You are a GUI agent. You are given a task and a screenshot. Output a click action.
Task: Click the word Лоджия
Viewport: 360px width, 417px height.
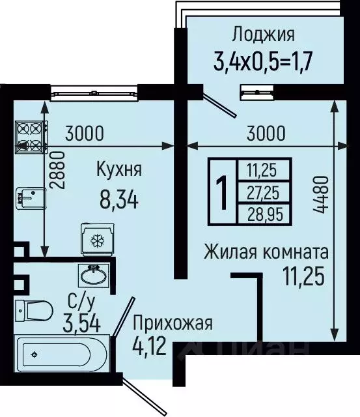click(x=264, y=35)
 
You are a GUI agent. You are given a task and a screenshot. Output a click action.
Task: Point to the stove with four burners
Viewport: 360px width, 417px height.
click(x=29, y=136)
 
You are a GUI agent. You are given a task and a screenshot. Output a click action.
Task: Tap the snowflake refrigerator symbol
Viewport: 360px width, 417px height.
click(x=98, y=240)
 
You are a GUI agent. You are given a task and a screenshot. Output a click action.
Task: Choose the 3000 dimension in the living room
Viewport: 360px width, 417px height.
click(x=266, y=134)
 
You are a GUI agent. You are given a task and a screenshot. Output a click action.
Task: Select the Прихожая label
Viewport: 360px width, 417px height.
click(x=173, y=323)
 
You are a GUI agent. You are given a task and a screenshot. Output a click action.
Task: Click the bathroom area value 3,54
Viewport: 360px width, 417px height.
click(x=77, y=323)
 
